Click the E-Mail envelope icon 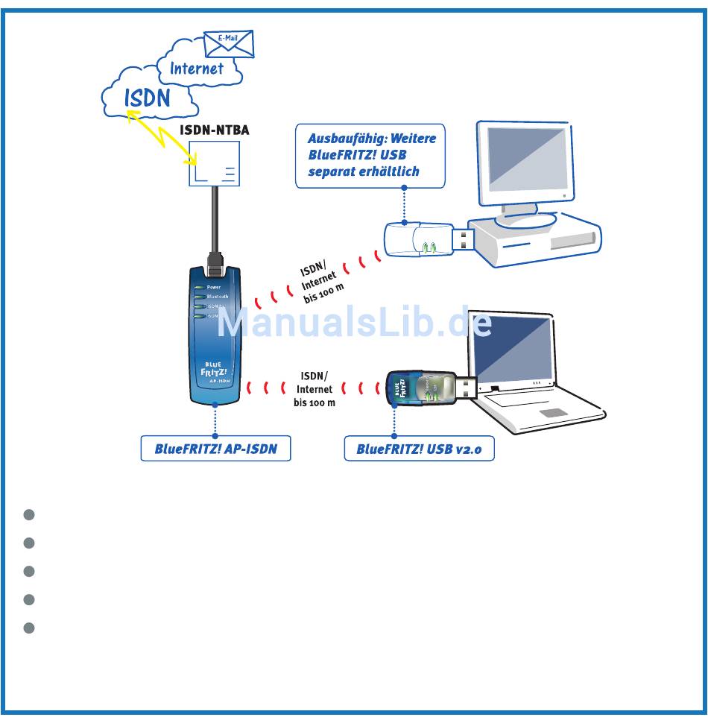point(229,44)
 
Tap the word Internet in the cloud point(196,69)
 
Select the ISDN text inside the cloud point(148,97)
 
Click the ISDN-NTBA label point(215,130)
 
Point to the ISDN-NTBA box point(215,164)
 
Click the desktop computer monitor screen point(525,160)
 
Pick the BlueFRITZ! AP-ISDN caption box point(215,449)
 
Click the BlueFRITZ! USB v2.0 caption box point(419,449)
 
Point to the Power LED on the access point point(200,287)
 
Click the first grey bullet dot point(29,515)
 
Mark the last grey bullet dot point(29,628)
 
